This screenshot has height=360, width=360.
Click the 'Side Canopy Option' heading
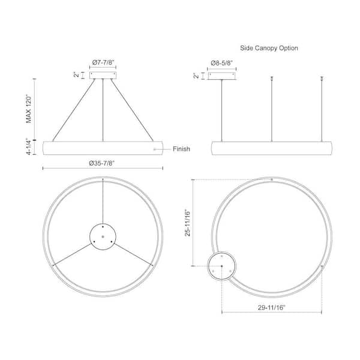pos(269,48)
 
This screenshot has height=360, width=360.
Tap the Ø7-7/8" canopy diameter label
pos(103,62)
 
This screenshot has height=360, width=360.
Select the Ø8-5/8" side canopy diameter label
pos(221,63)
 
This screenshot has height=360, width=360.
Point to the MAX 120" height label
pos(28,109)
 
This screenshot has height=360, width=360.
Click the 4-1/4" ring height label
pos(28,146)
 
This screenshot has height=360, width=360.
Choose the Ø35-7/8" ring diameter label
pos(102,163)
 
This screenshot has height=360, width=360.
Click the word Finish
pos(181,149)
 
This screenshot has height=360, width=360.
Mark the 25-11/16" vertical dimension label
pos(188,223)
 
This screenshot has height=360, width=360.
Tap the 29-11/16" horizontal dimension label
pos(271,307)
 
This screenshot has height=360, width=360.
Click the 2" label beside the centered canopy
pos(76,75)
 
